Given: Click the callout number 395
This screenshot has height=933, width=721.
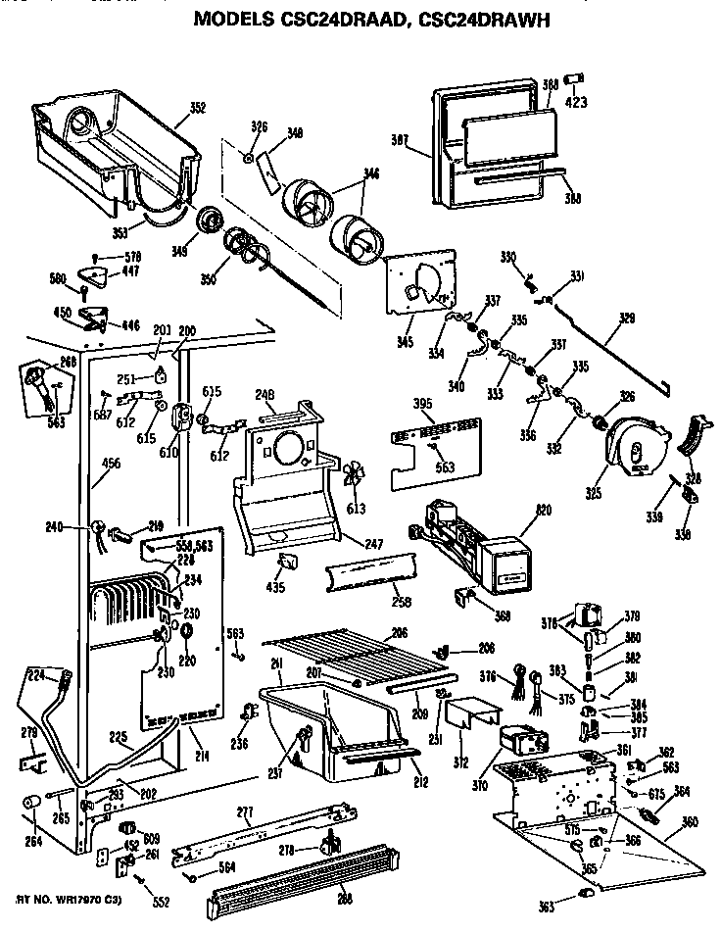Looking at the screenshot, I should (x=421, y=404).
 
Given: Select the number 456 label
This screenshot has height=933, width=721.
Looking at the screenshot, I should (x=111, y=463).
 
